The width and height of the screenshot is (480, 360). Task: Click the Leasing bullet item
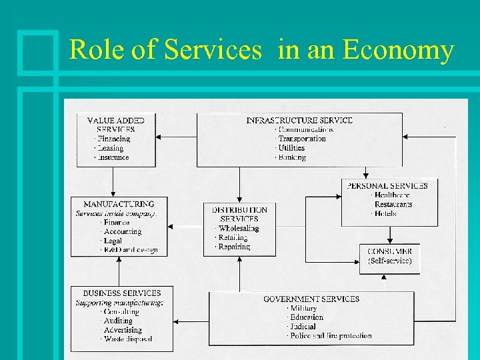111,148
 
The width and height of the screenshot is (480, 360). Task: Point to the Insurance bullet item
113,157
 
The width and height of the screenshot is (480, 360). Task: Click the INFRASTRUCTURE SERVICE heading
299,121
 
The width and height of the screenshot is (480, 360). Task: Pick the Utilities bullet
291,148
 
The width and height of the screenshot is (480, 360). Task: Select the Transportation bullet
302,139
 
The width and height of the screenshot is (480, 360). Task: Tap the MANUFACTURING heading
119,204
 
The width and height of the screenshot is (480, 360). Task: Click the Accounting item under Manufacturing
123,231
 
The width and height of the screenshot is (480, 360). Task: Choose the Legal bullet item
113,241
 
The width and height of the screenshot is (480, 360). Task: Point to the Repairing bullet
234,247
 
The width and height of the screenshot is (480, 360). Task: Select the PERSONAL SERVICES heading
388,185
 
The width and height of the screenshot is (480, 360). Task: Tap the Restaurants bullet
393,204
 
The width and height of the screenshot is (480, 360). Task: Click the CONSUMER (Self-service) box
390,256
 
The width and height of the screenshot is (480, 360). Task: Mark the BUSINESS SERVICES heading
122,293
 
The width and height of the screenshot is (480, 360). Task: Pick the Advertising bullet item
123,329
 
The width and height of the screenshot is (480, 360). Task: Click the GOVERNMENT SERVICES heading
311,299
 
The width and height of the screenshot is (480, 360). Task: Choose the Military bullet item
305,308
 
